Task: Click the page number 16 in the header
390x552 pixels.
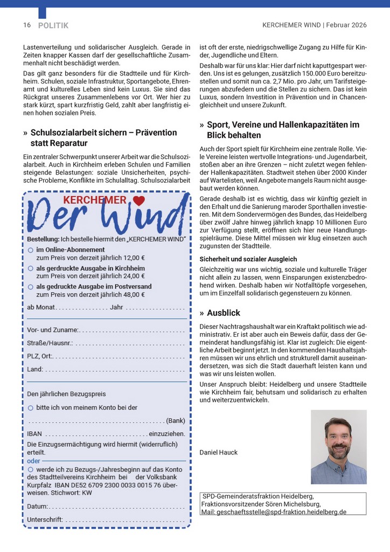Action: [26, 25]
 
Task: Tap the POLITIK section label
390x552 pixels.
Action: [53, 25]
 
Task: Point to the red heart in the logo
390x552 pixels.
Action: [138, 201]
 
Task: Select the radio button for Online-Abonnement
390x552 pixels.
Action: [30, 250]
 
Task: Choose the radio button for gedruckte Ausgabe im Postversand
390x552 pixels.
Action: [30, 287]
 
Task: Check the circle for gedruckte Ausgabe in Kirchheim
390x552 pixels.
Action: [30, 268]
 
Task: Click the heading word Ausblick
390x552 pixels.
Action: [224, 313]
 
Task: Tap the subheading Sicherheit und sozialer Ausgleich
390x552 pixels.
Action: [248, 259]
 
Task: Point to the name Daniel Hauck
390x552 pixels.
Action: [218, 452]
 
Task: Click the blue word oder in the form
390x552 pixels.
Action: [33, 461]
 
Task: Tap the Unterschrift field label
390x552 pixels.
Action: [45, 520]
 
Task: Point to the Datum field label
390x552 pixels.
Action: [37, 507]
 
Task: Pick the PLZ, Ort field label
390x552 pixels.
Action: [40, 356]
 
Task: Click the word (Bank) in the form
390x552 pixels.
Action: [176, 420]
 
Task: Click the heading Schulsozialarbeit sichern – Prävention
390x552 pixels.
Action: [103, 133]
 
